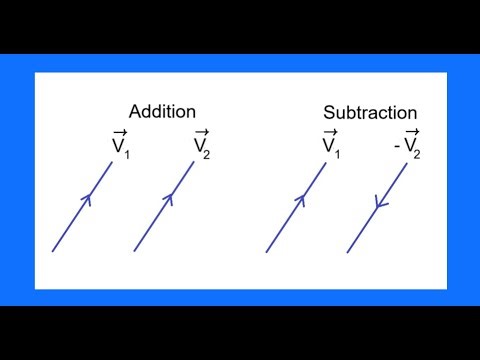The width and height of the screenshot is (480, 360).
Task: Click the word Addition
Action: (x=162, y=111)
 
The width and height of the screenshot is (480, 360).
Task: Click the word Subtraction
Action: (x=370, y=113)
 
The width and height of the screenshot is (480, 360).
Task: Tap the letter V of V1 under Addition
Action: (x=118, y=147)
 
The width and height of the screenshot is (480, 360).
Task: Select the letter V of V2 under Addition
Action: (x=200, y=147)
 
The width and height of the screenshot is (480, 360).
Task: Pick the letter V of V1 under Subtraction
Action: (x=329, y=147)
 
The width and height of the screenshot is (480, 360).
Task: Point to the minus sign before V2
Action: (x=398, y=148)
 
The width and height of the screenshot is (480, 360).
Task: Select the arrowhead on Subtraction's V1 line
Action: (x=301, y=199)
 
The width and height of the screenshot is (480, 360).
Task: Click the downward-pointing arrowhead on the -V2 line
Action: (x=378, y=206)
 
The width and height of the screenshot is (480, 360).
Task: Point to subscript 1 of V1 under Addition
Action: (x=128, y=154)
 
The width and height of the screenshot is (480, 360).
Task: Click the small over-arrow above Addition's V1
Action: (x=119, y=132)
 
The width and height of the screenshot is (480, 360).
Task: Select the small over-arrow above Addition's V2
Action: (x=201, y=132)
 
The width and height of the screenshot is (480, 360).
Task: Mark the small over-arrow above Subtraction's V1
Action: (x=330, y=132)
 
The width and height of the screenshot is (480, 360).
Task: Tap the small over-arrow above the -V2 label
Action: (x=411, y=132)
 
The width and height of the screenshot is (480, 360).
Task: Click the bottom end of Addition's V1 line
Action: (x=52, y=251)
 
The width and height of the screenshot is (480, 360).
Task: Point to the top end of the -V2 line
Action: (x=407, y=165)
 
